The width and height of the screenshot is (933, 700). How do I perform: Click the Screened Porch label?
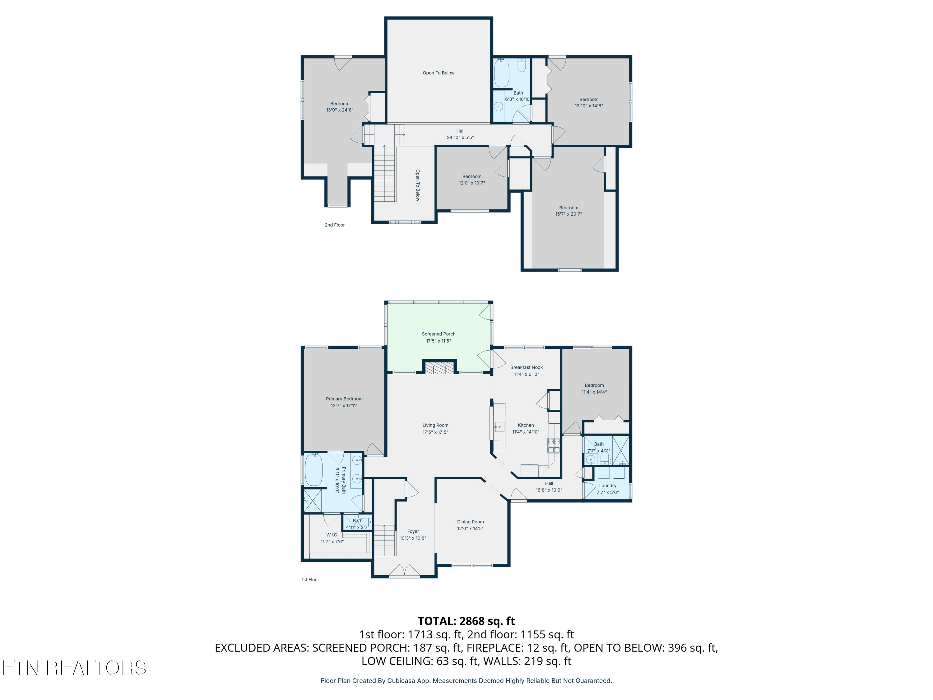point(438,334)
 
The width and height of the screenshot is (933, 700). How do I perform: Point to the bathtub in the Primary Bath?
point(313,469)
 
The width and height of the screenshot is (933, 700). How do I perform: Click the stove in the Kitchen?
point(554,446)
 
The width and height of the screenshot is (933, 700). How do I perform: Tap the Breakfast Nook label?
point(527,367)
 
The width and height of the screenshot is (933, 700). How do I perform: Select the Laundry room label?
point(607,486)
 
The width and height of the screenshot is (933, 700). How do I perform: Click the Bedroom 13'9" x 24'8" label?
point(340,104)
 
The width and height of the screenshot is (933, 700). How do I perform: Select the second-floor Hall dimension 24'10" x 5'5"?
point(460,137)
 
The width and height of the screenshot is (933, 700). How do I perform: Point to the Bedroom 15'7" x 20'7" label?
point(568,208)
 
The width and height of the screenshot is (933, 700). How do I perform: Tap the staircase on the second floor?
point(384,173)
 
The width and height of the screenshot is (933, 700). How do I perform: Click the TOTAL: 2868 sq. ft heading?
point(466,621)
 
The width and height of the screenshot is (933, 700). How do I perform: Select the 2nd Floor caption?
point(334,225)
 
